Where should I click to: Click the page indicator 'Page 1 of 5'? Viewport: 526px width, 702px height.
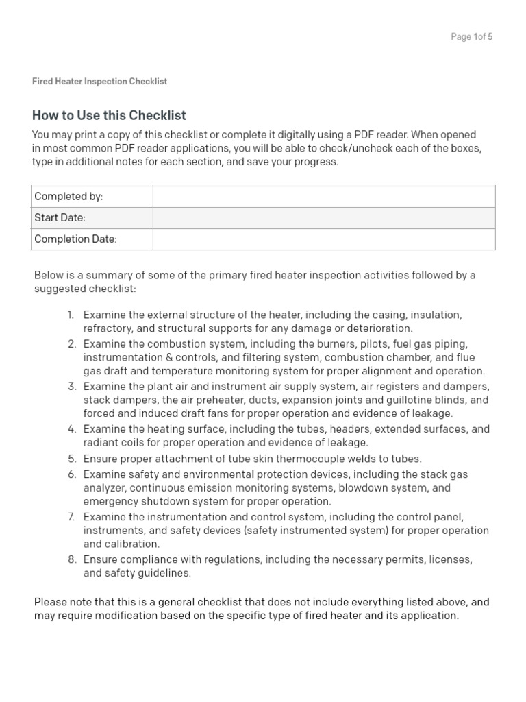coord(471,37)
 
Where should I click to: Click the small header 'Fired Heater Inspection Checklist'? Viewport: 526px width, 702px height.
coord(99,81)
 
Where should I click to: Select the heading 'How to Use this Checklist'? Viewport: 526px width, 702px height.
coord(109,115)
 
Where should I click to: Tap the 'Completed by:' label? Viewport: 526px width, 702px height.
coord(68,197)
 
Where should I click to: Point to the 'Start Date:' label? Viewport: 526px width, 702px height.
coord(60,218)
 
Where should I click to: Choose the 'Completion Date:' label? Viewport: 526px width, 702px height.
coord(75,239)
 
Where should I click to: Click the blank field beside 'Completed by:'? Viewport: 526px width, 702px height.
coord(323,197)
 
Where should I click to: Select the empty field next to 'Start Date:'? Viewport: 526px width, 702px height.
coord(323,218)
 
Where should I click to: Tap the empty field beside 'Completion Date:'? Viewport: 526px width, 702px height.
coord(323,239)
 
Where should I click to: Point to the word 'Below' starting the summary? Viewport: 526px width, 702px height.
coord(49,275)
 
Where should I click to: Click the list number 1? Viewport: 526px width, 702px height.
coord(71,315)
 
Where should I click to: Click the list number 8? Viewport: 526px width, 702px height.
coord(71,559)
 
